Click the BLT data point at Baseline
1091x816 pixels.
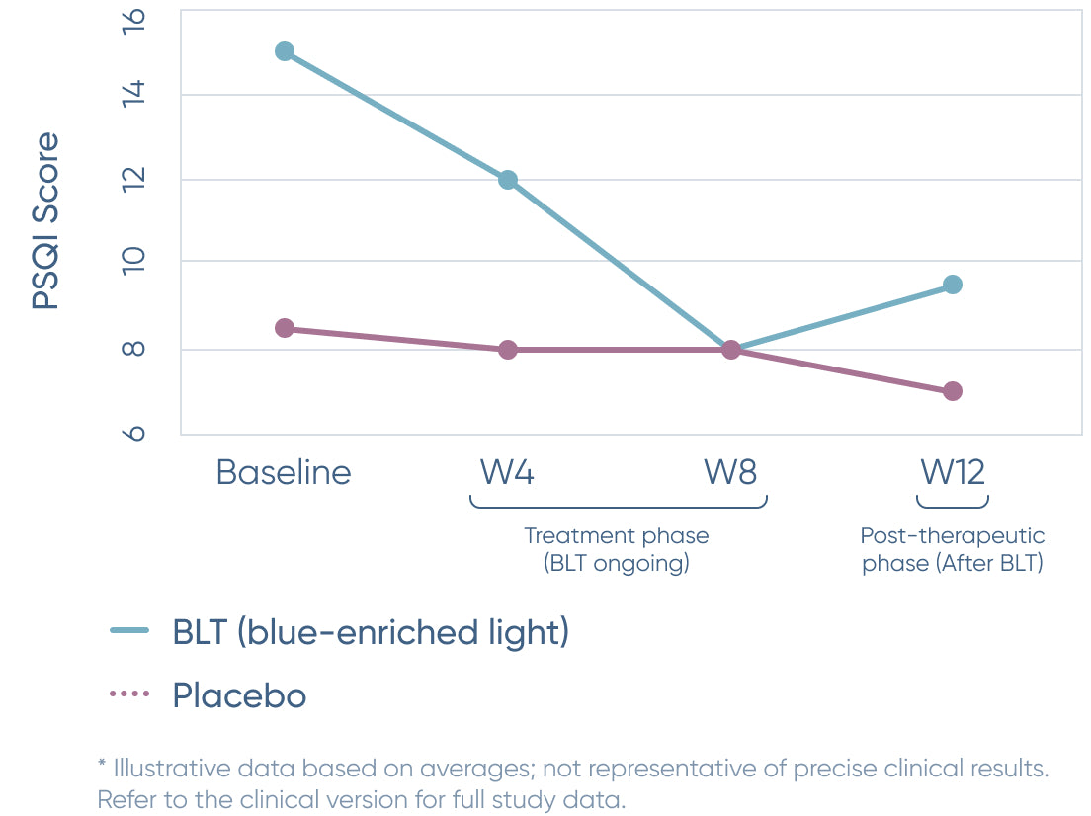click(x=285, y=51)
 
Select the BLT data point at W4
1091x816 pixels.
click(x=508, y=180)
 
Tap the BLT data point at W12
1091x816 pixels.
click(x=953, y=285)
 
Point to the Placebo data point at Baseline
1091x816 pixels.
click(x=285, y=328)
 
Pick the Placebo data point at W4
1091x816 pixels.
click(x=508, y=349)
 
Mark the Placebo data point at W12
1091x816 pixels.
click(x=953, y=391)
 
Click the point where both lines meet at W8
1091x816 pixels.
click(x=730, y=349)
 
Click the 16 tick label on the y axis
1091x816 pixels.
click(x=133, y=20)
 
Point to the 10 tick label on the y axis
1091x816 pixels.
click(x=133, y=261)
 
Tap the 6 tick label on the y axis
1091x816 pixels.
click(x=133, y=434)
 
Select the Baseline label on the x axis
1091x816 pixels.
click(x=284, y=472)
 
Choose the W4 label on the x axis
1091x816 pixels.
click(x=507, y=472)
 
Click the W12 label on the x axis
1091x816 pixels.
click(x=953, y=472)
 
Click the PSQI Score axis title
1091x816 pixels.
click(x=45, y=220)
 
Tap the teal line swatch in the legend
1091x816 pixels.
click(x=129, y=631)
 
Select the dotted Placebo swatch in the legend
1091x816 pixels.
click(x=129, y=694)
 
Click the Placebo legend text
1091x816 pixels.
click(x=239, y=695)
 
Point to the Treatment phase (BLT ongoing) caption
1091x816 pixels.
click(x=617, y=549)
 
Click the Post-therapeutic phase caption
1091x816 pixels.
click(x=953, y=549)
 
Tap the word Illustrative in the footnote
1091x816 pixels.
click(x=172, y=768)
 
